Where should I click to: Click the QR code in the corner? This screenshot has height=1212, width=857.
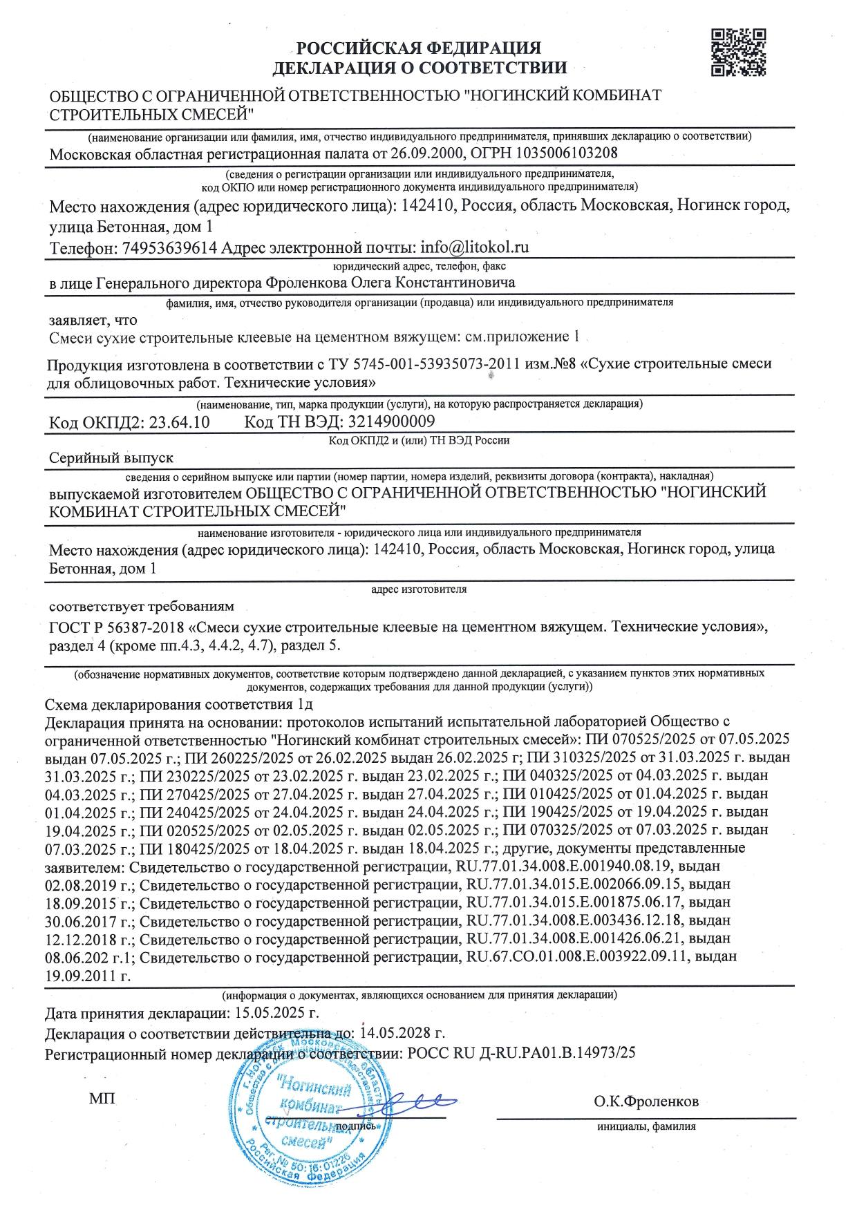tap(739, 52)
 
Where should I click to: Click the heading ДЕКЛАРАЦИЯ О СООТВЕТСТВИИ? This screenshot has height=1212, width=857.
tap(420, 68)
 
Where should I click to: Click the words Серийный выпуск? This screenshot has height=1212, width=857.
tap(111, 457)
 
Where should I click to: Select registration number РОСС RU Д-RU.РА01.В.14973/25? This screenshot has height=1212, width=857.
tap(518, 1054)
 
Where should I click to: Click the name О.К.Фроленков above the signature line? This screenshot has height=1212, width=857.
tap(646, 1101)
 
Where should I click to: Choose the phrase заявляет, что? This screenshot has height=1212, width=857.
tap(93, 320)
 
